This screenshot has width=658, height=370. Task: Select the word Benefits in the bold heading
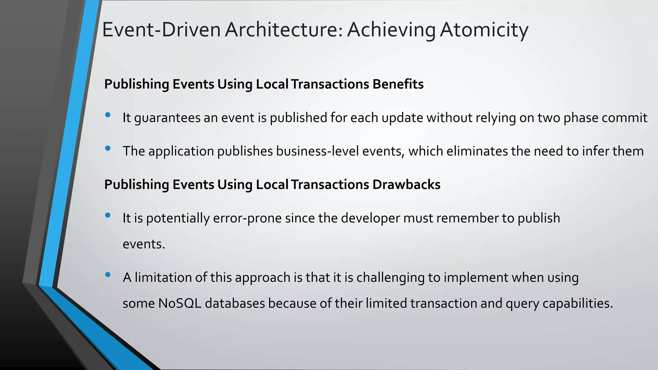(x=398, y=84)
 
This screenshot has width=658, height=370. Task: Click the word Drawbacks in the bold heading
(x=406, y=185)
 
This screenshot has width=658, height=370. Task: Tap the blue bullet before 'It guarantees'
(x=108, y=115)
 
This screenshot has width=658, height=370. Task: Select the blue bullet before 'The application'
(x=108, y=148)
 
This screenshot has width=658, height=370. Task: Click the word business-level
(x=317, y=151)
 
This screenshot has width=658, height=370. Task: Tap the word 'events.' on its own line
(x=144, y=244)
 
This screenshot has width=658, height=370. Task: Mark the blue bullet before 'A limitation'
(x=108, y=274)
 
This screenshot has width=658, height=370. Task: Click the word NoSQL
(x=180, y=304)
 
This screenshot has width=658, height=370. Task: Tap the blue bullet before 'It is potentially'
(x=108, y=215)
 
